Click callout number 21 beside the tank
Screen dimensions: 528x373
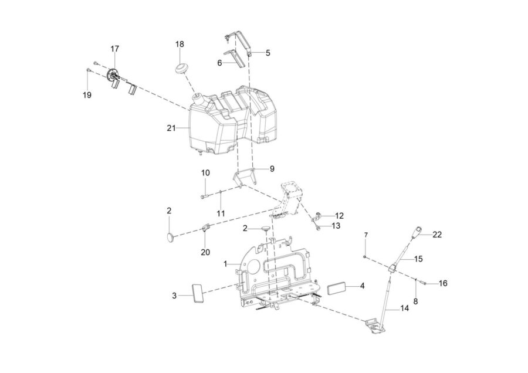coord(171,128)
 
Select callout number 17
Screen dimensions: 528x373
coord(115,49)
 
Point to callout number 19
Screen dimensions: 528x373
coord(87,95)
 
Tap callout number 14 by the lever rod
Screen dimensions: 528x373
coord(404,308)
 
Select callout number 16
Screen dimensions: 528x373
coord(443,283)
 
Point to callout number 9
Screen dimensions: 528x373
coord(272,169)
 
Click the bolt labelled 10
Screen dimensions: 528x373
coord(205,195)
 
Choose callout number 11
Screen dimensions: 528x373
coord(221,213)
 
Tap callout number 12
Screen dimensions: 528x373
coord(339,215)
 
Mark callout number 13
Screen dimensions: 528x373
coord(336,226)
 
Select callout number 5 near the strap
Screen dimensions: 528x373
coord(268,53)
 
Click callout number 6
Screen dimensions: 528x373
coord(219,63)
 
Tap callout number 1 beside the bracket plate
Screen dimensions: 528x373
coord(226,265)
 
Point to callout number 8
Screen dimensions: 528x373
coord(415,301)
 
